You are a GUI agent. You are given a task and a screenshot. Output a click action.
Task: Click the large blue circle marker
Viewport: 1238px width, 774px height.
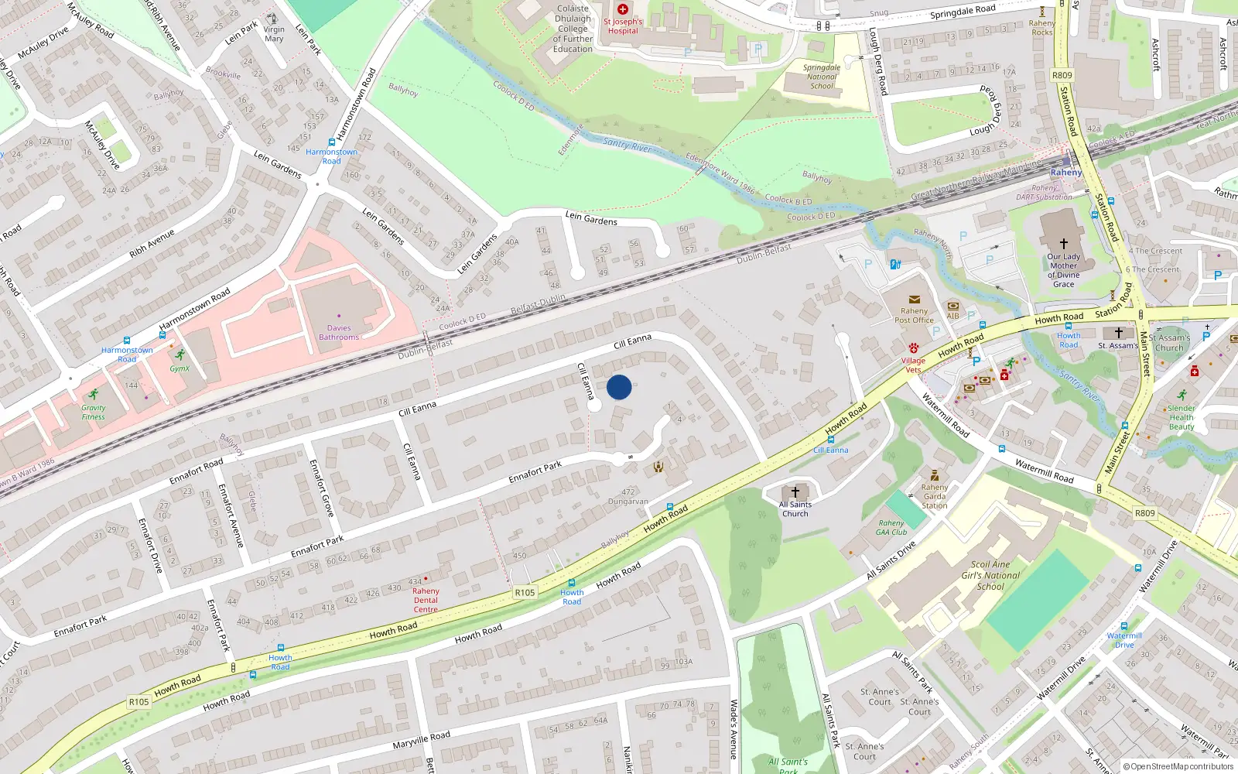pos(619,387)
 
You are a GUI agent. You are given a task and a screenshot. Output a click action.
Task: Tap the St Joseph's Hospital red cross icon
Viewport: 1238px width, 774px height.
pos(623,9)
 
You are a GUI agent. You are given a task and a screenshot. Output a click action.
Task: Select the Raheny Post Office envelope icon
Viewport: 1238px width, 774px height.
pos(914,300)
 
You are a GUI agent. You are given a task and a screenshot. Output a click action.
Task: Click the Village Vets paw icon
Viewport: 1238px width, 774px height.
pos(914,348)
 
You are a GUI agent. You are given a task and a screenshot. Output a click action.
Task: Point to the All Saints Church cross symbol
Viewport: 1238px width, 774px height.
pos(795,492)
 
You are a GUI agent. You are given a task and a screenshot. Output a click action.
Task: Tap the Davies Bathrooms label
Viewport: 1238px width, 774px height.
pos(339,333)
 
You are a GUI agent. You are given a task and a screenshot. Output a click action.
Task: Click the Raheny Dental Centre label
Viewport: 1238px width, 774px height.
pos(426,600)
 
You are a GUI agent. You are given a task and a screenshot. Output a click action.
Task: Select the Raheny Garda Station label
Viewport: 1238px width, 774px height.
pos(935,496)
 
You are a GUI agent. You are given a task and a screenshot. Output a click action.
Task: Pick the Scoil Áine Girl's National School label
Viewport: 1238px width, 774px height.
pos(990,576)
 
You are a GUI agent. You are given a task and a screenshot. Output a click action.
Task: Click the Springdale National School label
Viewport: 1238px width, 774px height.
pos(822,77)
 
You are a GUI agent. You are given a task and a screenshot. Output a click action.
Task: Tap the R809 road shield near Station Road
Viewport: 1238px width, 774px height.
pos(1062,75)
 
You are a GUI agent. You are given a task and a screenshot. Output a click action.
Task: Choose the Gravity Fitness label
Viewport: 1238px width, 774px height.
pos(94,413)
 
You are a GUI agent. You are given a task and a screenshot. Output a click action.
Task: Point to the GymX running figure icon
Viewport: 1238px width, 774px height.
pos(180,354)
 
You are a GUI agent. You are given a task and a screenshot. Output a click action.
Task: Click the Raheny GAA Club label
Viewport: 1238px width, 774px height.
pos(891,528)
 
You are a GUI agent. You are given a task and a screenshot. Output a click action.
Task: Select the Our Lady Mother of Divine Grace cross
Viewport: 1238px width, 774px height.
pos(1064,243)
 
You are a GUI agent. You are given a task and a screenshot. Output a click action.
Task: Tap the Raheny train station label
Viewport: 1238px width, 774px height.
pos(1066,173)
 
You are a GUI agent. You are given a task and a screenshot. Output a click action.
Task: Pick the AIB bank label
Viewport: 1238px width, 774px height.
pos(952,316)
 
